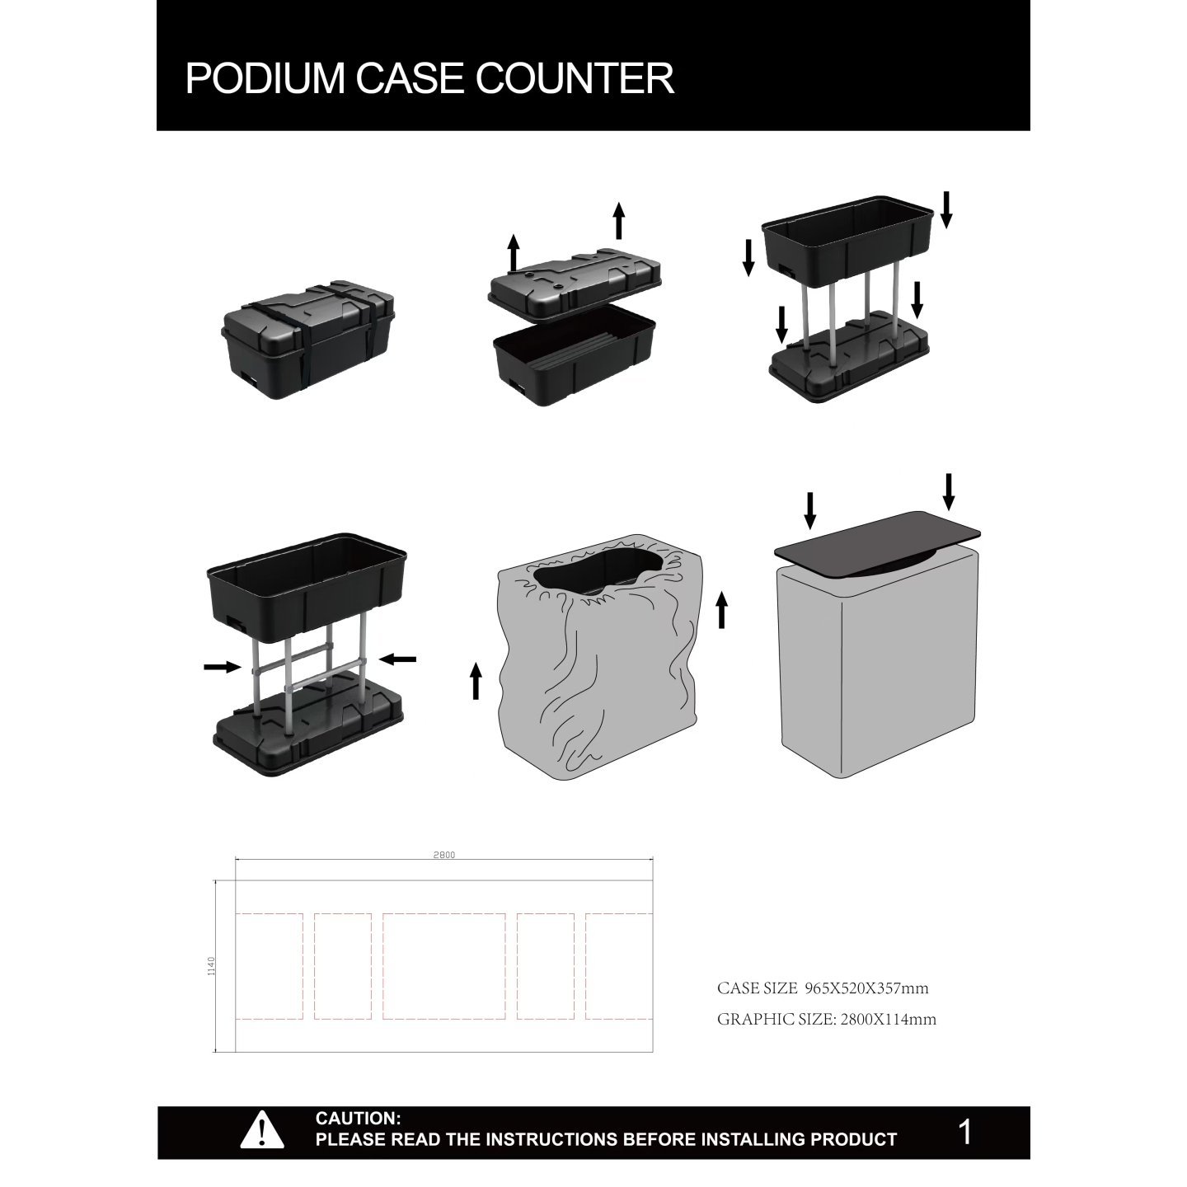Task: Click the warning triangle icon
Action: pos(261,1129)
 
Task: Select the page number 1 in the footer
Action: pos(965,1132)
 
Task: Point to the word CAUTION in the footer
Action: pos(358,1119)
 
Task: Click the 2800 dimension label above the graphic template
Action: pos(443,855)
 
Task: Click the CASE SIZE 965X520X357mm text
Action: pos(823,988)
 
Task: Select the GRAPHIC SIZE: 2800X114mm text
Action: pos(826,1019)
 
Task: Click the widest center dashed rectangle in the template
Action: pos(444,966)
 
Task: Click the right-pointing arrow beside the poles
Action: pos(221,667)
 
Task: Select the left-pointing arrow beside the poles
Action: pos(399,659)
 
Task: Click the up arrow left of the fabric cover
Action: pos(476,682)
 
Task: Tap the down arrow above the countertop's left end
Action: pos(810,510)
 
